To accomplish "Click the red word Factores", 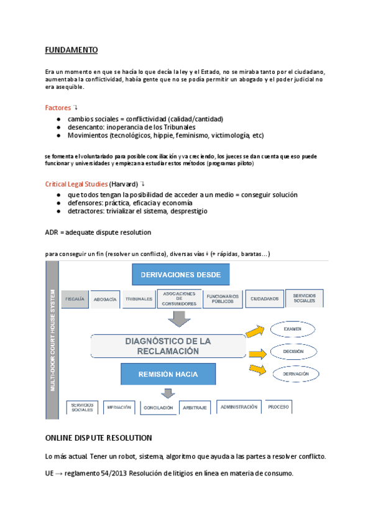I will click(58, 108).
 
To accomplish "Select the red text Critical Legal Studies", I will click(76, 184).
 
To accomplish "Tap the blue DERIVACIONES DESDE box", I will click(181, 275).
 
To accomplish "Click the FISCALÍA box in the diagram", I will click(75, 299).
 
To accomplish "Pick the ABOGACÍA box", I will click(105, 299).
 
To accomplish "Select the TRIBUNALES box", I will click(139, 299).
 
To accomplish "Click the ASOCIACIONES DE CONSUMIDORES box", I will click(178, 298).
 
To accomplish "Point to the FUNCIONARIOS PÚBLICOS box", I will click(223, 298).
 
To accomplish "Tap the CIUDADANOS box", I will click(264, 299).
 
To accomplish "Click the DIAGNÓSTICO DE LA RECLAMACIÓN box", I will click(168, 346).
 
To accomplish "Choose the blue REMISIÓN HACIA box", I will click(168, 375).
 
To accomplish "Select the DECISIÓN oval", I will click(293, 351).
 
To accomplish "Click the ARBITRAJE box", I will click(194, 408).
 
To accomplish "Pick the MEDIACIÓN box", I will click(119, 408).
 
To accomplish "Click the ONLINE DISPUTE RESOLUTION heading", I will click(99, 438).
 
